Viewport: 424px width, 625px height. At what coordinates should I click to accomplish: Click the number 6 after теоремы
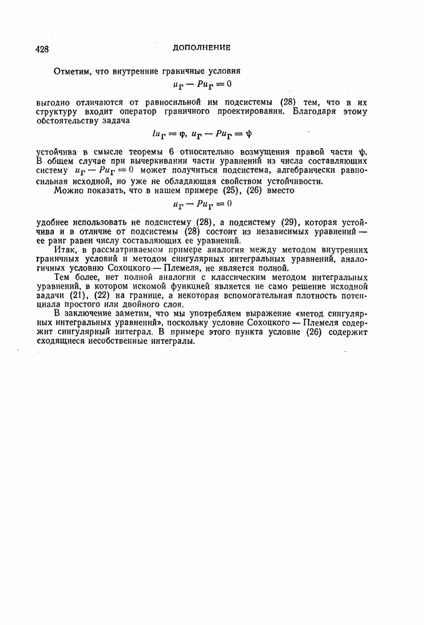click(171, 152)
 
